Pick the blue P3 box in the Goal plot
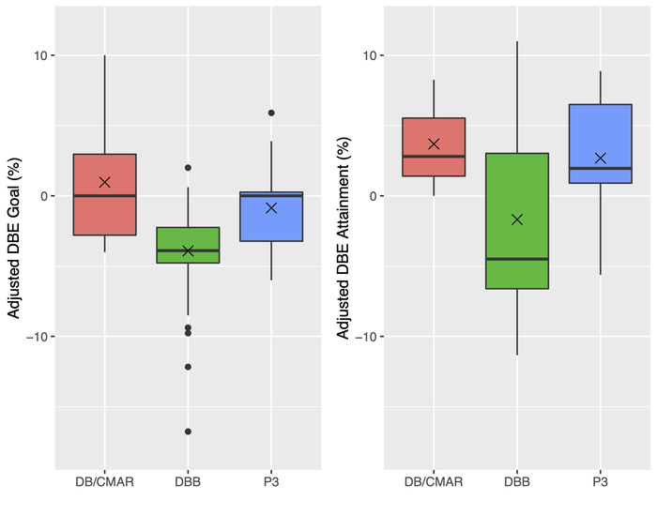(271, 225)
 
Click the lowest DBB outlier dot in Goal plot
(188, 432)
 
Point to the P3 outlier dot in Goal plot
(271, 113)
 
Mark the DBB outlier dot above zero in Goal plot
(188, 168)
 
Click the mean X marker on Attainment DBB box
(516, 220)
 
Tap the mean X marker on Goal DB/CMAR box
(104, 182)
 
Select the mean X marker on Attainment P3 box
(600, 159)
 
